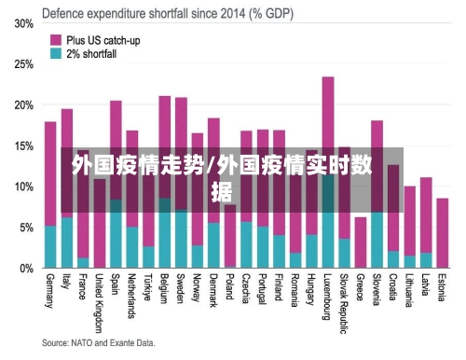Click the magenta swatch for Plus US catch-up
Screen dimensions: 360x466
[x=55, y=40]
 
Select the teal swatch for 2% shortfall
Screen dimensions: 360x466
[x=55, y=54]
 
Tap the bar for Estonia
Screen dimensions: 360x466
[x=443, y=233]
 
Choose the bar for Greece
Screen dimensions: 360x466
[x=361, y=242]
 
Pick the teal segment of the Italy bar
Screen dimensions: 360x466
[x=67, y=242]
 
